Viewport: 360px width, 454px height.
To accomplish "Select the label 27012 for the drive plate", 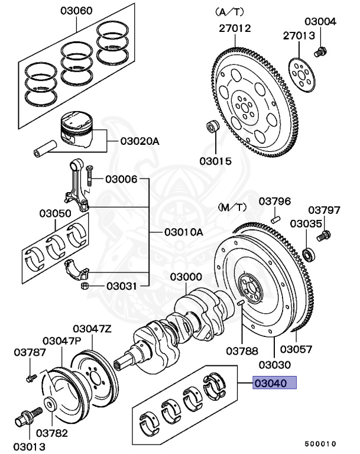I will coord(234,28).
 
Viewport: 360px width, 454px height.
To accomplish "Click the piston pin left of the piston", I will coord(45,145).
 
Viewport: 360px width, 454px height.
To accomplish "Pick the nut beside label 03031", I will coord(85,287).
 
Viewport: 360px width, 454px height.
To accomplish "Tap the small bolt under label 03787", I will coord(30,377).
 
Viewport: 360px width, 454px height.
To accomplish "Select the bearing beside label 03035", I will coord(307,254).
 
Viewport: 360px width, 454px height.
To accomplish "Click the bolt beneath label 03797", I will coord(323,237).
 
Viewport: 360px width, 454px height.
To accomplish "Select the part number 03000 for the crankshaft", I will coord(186,277).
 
